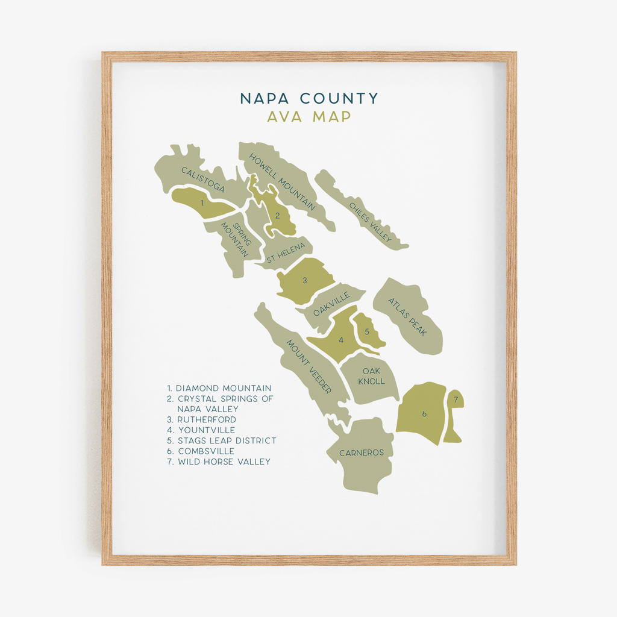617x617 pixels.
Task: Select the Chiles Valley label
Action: [x=371, y=222]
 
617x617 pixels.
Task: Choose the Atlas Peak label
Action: [x=407, y=316]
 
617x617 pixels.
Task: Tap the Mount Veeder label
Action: [x=308, y=367]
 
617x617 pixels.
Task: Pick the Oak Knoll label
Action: [x=371, y=376]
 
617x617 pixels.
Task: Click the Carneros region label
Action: [x=361, y=453]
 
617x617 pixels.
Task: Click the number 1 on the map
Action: [x=202, y=203]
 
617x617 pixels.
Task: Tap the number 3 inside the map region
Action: [x=305, y=280]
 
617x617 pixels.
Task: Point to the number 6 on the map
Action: [x=424, y=414]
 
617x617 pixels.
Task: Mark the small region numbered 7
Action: [x=456, y=399]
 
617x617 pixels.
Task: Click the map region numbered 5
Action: [x=366, y=331]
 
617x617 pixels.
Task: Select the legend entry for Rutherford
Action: [x=202, y=419]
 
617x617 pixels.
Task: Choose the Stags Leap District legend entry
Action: [x=222, y=440]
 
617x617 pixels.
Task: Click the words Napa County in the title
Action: [x=309, y=98]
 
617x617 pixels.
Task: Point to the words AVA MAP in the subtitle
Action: [x=309, y=116]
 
